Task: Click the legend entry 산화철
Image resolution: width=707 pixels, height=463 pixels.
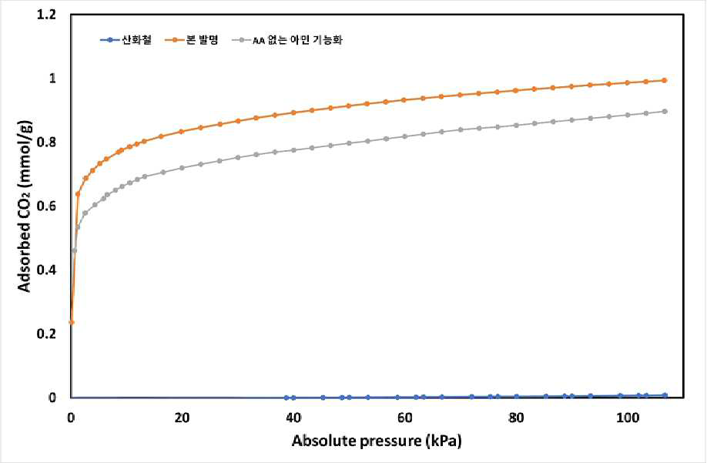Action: point(126,40)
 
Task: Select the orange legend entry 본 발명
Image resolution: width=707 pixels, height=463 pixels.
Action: point(191,40)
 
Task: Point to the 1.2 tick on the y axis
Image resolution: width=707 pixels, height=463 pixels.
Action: point(46,15)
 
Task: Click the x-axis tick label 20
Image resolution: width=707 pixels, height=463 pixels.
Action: point(183,418)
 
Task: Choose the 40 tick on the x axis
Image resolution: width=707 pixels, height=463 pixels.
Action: point(293,418)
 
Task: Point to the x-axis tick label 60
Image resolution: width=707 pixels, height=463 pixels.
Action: point(405,418)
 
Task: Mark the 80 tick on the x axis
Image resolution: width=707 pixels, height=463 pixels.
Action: point(516,418)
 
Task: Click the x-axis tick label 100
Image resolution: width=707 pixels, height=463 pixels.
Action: point(628,418)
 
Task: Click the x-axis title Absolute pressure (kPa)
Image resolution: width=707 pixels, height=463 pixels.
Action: point(377,441)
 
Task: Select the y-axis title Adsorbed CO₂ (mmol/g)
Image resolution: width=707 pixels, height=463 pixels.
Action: point(25,206)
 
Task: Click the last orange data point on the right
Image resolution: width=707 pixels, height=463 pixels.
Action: point(664,80)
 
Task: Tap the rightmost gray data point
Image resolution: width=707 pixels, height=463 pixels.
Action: point(664,112)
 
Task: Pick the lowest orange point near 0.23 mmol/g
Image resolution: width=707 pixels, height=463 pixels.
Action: point(72,322)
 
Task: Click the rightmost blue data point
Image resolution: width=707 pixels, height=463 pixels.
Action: point(665,395)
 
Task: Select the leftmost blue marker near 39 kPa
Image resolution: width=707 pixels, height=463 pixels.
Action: point(286,398)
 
